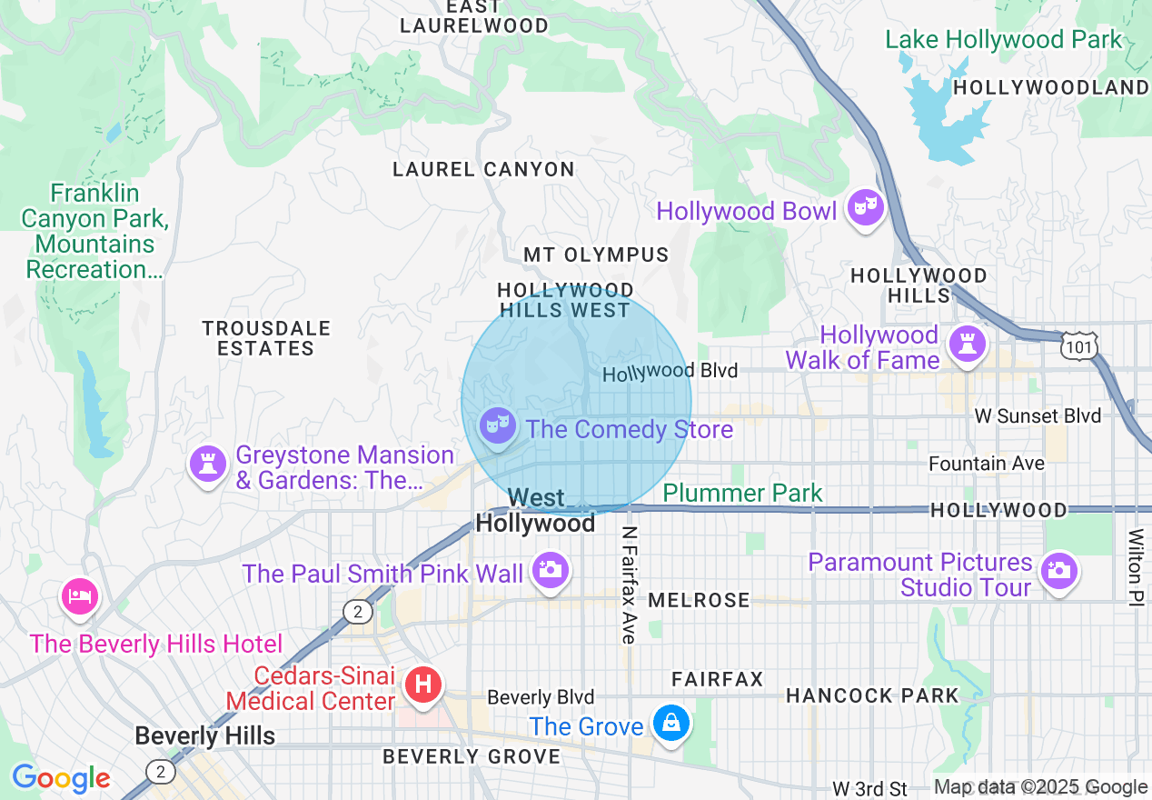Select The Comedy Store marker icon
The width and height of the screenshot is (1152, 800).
coord(497,425)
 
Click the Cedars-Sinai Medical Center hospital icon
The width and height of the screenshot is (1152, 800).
coord(422,684)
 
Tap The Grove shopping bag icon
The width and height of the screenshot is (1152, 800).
coord(671,724)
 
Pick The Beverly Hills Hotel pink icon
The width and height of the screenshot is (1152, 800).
coord(78,597)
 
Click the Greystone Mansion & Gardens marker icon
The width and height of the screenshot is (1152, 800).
coord(208,465)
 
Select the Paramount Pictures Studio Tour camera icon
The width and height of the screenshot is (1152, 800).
coord(1059,572)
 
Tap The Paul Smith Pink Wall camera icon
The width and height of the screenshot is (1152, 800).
coord(550,570)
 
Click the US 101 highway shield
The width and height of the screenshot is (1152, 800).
coord(1078,345)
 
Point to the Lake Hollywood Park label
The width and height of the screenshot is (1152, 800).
coord(1004,40)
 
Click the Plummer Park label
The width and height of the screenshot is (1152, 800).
coord(742,493)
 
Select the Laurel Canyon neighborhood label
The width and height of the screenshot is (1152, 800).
coord(483,169)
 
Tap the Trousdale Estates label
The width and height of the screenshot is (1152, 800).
coord(266,338)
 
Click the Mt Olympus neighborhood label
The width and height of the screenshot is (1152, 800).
coord(596,255)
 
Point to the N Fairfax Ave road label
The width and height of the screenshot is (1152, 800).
coord(629,585)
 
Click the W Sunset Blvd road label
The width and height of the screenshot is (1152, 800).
coord(1038,416)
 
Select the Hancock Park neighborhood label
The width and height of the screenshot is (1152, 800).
coord(872,695)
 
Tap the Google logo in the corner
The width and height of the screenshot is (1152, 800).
coord(61,778)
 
